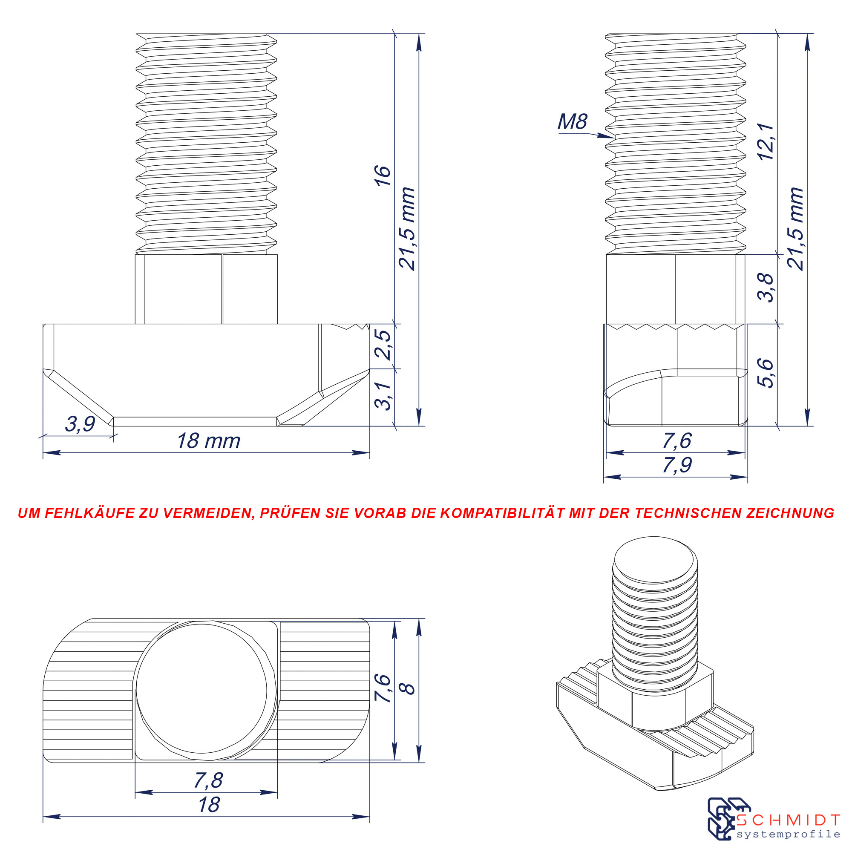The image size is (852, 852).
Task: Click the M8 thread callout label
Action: pos(573,122)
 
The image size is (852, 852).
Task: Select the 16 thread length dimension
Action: pos(383,176)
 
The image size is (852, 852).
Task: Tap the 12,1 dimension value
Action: pos(766,142)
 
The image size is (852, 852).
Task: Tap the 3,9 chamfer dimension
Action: pos(80,424)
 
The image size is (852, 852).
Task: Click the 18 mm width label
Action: pos(209,441)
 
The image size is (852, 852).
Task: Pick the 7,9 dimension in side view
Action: pos(677,465)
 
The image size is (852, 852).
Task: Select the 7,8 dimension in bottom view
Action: pos(209,780)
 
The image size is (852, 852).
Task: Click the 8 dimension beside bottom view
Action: pos(409,689)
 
